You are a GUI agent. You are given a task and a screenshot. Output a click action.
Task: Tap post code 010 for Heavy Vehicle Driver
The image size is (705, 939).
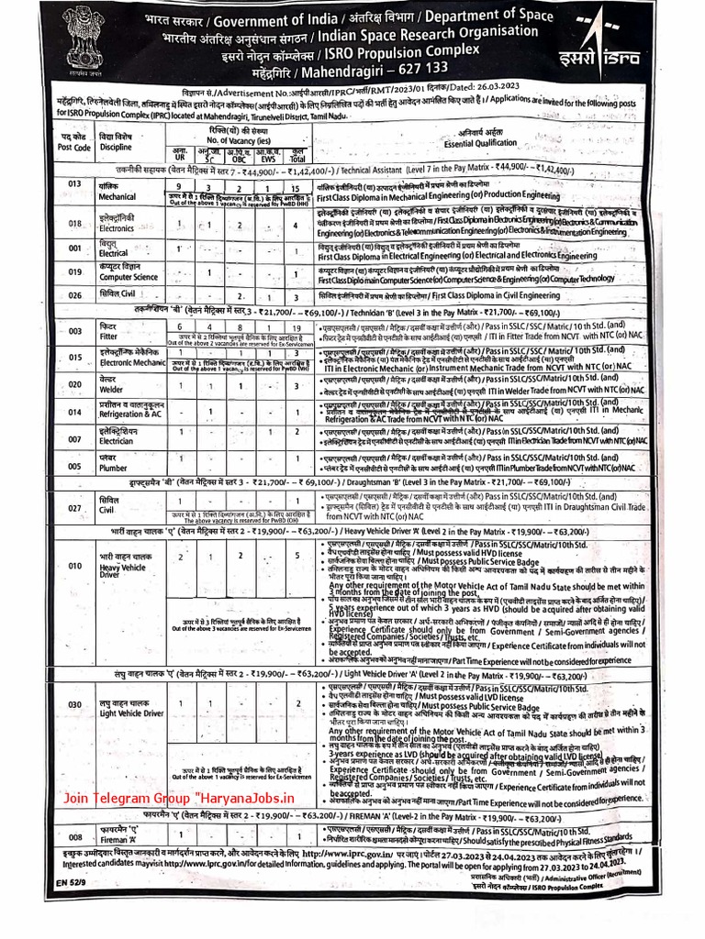point(76,567)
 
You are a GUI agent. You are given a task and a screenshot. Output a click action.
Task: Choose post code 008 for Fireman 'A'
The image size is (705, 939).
point(75,836)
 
